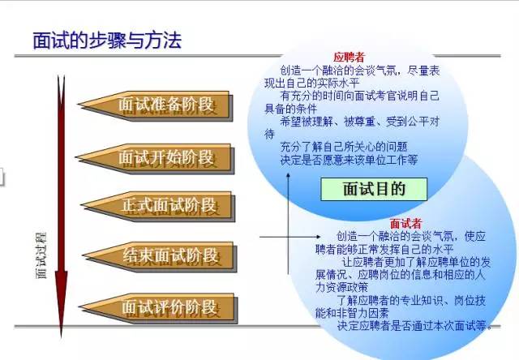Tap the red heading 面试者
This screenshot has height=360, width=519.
pyautogui.click(x=405, y=223)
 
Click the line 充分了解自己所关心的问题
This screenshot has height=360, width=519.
pyautogui.click(x=344, y=148)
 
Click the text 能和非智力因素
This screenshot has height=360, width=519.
pyautogui.click(x=351, y=312)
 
